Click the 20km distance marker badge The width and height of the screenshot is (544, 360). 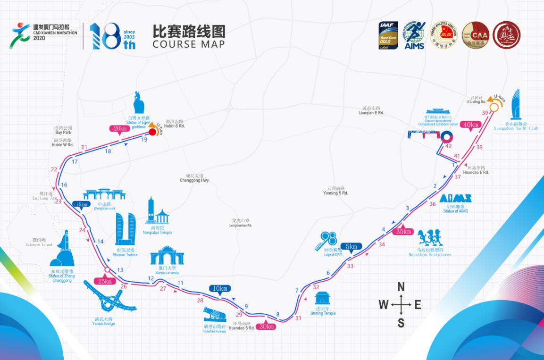coord(118,129)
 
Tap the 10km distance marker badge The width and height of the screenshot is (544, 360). coord(220,289)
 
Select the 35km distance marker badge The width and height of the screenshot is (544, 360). coord(404,232)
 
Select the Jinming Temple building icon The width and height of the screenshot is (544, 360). coord(323,299)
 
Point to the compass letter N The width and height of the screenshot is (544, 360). coord(401,287)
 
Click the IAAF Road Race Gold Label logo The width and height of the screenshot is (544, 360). coord(388,34)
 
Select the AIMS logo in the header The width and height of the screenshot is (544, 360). coord(414,35)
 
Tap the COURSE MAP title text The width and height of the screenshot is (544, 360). coord(188,44)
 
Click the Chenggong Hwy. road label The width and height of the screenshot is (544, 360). coord(194,180)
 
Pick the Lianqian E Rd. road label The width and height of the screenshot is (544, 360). coord(371,113)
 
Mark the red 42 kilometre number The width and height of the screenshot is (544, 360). coord(448,146)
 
